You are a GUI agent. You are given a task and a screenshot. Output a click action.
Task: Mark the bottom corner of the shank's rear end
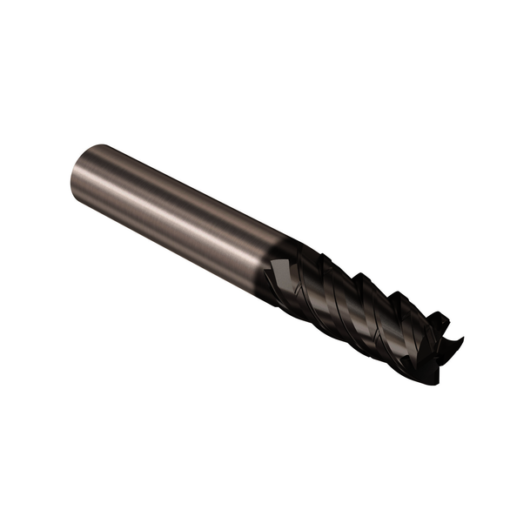[x=75, y=200]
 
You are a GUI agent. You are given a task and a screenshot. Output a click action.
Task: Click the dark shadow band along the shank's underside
[x=174, y=244]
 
